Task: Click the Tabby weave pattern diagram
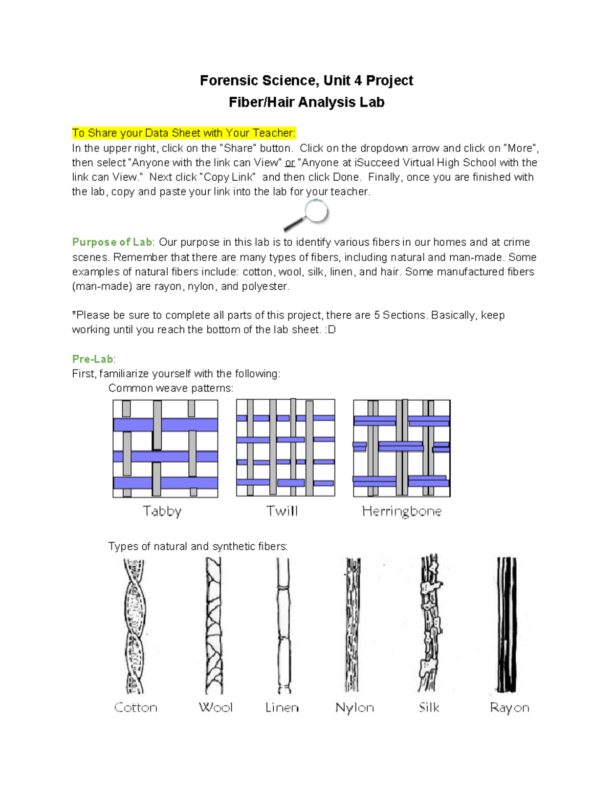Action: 165,448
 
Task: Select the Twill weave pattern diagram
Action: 286,448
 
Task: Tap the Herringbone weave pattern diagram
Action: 402,448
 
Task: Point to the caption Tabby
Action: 162,511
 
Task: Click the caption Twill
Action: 282,511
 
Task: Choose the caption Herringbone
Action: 402,511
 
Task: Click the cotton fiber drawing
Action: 135,626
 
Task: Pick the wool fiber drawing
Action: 214,626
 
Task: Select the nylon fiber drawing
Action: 353,626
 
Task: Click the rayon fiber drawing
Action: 507,626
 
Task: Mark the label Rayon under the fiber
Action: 509,707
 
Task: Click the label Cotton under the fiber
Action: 136,707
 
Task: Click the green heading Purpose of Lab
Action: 112,242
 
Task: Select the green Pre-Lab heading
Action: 93,359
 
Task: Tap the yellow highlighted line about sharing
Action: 184,133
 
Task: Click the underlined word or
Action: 290,163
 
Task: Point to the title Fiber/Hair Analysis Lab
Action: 306,102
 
